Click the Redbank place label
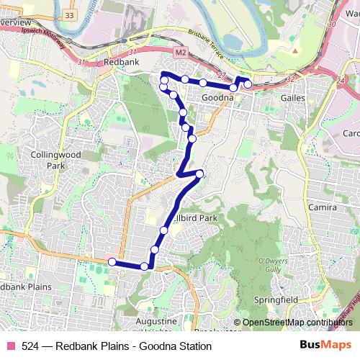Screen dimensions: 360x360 point(116,63)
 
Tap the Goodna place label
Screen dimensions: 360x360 point(216,97)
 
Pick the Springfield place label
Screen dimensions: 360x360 point(276,298)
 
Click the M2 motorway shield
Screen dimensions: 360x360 point(181,53)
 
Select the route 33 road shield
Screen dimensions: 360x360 point(68,14)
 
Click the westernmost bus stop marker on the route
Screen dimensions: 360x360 point(112,261)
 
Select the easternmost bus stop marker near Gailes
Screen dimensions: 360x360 point(248,84)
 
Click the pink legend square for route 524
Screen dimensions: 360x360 point(10,346)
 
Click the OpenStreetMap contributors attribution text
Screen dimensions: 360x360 point(297,323)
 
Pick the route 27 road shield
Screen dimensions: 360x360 point(221,76)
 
